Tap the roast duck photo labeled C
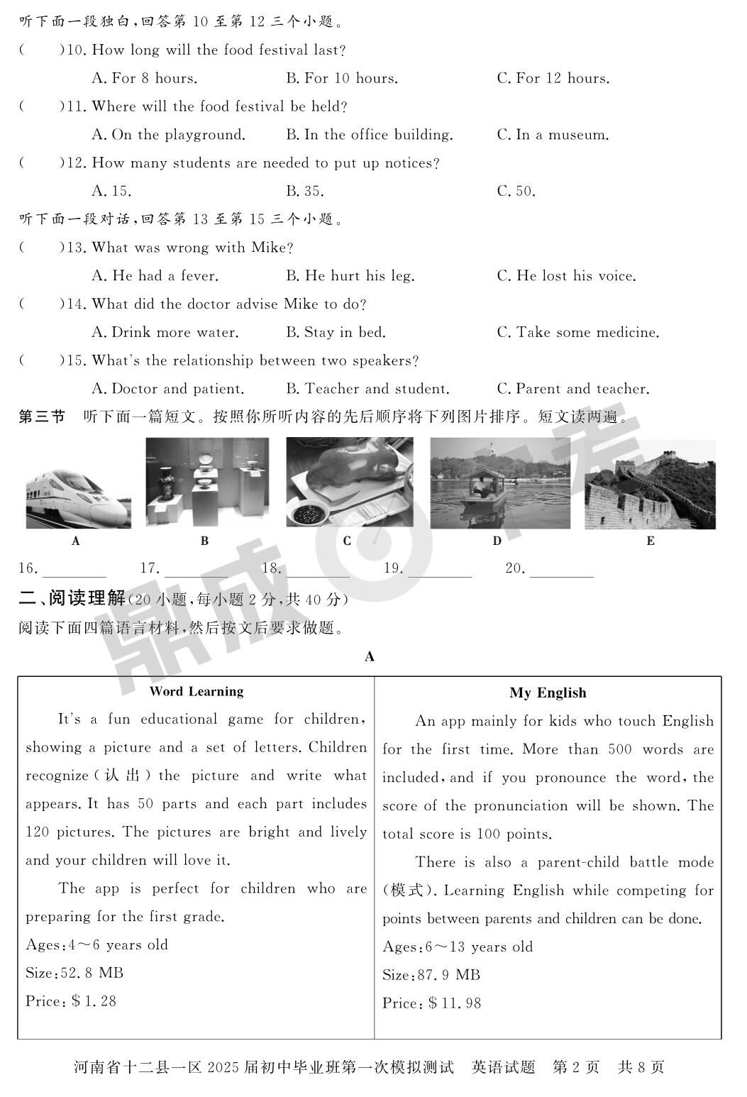tap(349, 482)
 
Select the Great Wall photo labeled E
tap(650, 484)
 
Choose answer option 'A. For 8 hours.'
tap(145, 78)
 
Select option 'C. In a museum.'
tap(553, 135)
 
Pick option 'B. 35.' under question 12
tap(305, 191)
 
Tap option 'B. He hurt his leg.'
tap(350, 276)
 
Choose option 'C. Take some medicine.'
tap(578, 332)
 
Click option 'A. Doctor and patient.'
tap(168, 389)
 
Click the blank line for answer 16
tap(74, 569)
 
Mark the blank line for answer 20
tap(561, 569)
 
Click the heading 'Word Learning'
tap(197, 692)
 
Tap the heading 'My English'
tap(548, 693)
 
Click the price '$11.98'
tap(455, 1003)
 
